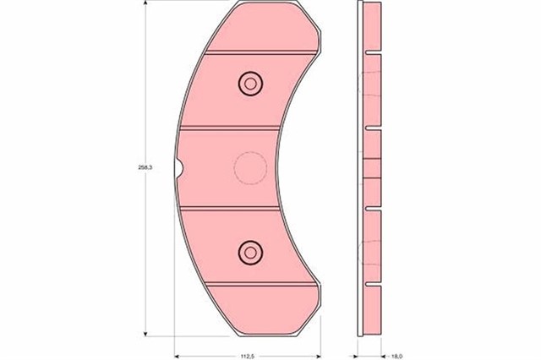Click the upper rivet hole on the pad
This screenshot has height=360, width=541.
click(249, 83)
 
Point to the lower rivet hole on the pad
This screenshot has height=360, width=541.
click(249, 250)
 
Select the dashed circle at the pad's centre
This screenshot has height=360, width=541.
click(249, 166)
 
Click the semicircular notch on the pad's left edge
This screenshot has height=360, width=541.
click(178, 167)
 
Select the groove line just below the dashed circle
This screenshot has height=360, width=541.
click(232, 208)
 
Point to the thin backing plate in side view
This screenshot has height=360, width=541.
click(361, 169)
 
